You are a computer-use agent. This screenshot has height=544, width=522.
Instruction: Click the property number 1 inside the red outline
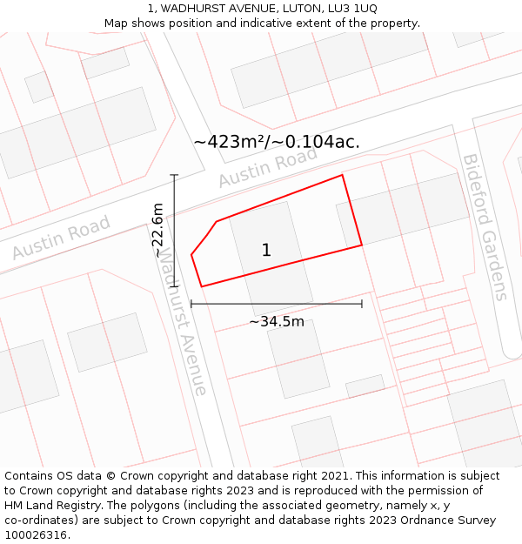point(266,251)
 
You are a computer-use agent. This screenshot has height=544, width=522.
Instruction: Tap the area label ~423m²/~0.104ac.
point(277,142)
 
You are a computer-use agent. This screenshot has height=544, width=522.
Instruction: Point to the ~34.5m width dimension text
point(277,322)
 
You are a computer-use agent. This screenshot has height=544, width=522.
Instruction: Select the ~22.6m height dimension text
point(157,231)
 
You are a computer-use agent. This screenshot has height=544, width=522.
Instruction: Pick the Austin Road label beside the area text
point(268,167)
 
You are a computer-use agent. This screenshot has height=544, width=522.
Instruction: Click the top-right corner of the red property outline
point(342,175)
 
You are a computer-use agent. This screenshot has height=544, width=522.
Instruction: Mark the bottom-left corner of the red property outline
point(202,286)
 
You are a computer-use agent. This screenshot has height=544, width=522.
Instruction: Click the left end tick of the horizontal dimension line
point(191,304)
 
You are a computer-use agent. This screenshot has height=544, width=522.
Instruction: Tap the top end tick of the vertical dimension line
point(175,175)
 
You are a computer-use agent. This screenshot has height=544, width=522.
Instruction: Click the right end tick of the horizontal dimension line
point(362,304)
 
